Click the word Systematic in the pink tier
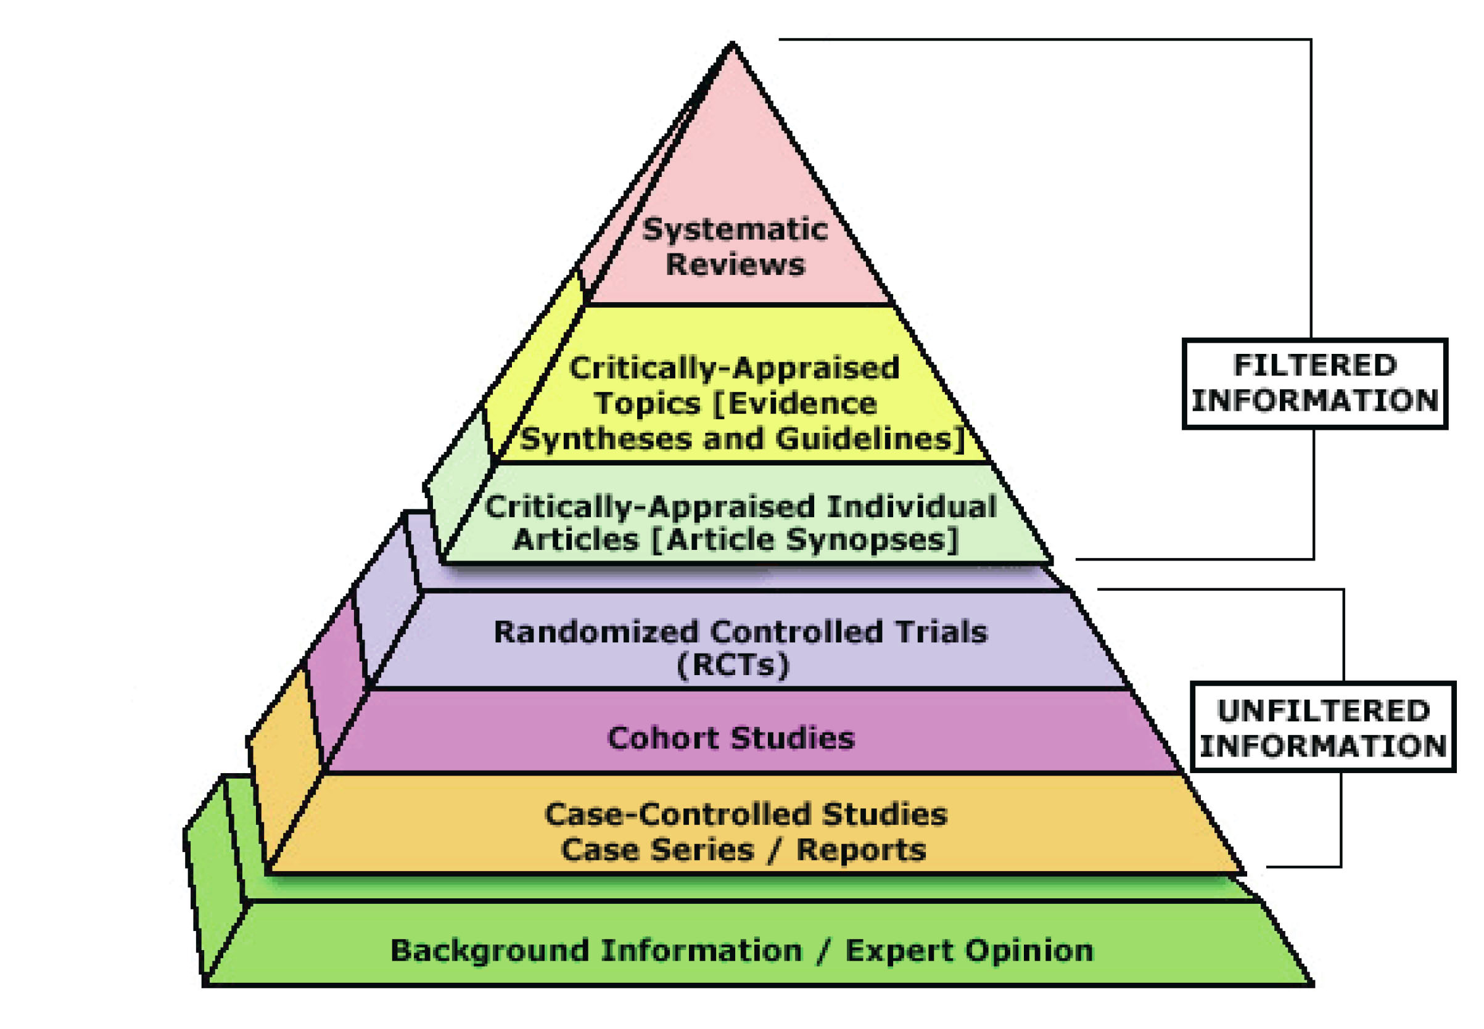click(735, 229)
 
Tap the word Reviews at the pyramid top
click(735, 265)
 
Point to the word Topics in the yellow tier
click(647, 404)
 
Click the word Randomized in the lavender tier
click(596, 633)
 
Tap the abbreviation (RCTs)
click(733, 665)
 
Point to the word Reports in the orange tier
click(861, 850)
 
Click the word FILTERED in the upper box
click(1315, 366)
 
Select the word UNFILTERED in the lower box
click(1324, 711)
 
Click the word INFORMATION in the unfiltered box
click(1324, 746)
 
